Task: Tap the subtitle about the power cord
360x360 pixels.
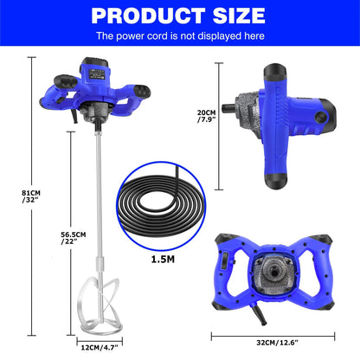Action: tap(179, 36)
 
